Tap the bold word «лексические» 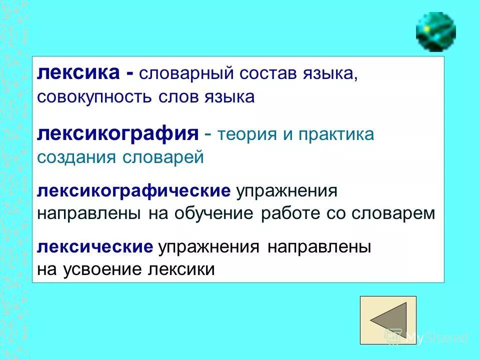pos(95,247)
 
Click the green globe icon pos(435,31)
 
